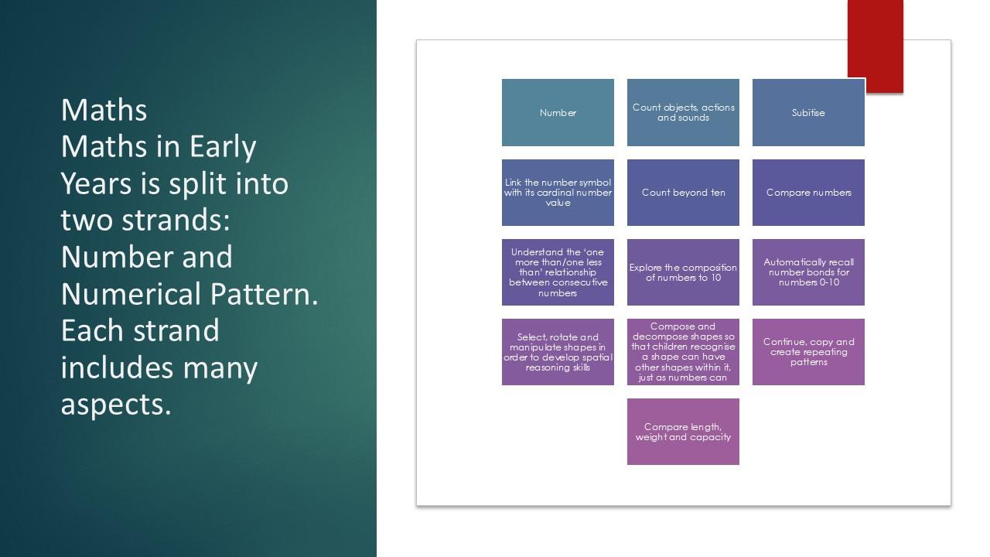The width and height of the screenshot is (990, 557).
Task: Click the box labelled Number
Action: point(558,112)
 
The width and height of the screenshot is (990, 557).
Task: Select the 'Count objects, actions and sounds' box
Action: point(683,112)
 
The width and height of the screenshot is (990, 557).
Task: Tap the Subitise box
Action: point(808,112)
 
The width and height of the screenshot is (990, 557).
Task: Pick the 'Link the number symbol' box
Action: point(558,193)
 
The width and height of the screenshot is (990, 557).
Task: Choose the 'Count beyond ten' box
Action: point(683,193)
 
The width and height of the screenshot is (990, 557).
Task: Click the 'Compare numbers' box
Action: point(808,193)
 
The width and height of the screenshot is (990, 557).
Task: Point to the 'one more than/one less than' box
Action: point(558,272)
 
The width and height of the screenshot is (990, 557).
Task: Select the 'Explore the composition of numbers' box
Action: point(683,272)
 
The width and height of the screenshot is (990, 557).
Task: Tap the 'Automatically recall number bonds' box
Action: point(808,272)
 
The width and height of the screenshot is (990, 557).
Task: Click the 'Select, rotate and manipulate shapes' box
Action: point(558,352)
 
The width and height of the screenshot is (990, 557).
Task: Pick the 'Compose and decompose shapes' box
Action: point(683,352)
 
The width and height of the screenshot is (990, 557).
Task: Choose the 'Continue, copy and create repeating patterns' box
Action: point(808,352)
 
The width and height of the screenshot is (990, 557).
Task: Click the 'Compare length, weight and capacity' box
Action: point(683,432)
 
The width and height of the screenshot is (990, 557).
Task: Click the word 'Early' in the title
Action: point(223,147)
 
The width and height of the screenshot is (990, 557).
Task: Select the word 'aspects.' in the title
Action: point(116,405)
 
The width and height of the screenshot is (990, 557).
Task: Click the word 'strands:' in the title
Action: point(176,220)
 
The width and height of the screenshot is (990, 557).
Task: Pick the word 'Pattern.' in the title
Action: point(265,294)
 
